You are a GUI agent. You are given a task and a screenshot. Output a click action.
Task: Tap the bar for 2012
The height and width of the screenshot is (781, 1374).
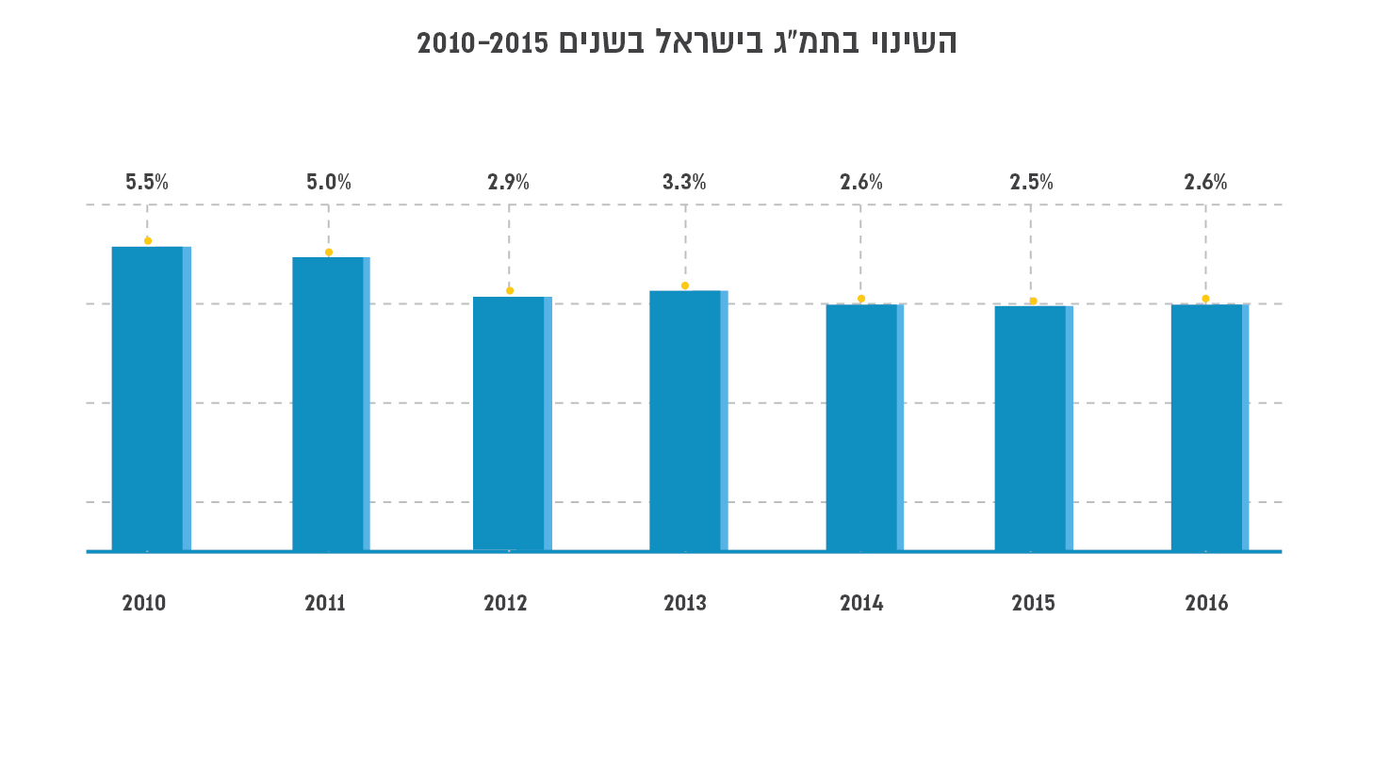click(512, 423)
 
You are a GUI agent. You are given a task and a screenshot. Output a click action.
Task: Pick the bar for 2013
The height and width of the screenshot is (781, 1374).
click(688, 420)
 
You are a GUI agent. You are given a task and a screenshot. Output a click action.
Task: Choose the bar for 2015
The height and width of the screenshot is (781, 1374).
click(1033, 428)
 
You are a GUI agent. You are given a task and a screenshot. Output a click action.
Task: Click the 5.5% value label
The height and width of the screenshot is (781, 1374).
click(147, 183)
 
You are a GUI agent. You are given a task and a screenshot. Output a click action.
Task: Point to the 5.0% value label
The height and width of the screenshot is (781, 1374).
click(329, 183)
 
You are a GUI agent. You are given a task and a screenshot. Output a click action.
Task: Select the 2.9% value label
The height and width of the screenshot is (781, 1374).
click(509, 183)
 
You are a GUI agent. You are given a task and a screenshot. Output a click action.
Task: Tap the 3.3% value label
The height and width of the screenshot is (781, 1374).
click(684, 183)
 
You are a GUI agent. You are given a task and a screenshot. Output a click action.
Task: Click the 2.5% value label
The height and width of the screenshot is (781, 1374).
click(1032, 183)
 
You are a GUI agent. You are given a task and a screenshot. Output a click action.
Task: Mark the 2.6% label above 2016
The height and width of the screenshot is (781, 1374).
click(1206, 183)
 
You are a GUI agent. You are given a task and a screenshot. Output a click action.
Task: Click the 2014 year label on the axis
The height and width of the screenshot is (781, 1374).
click(861, 603)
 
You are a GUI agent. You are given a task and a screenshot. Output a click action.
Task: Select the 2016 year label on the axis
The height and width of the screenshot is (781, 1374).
click(1206, 603)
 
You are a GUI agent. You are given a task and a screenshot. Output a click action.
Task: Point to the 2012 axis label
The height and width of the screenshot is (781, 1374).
click(505, 603)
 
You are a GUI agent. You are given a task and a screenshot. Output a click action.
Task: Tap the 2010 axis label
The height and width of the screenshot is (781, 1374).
click(144, 603)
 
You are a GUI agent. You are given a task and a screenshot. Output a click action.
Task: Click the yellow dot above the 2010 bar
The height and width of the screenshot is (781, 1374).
click(148, 240)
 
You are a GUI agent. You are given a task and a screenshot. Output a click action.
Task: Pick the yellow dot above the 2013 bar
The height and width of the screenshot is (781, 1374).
click(685, 285)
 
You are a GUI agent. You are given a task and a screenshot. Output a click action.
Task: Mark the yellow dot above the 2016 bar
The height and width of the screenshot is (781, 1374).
click(1205, 299)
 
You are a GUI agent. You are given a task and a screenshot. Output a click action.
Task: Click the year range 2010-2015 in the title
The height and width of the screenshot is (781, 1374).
click(483, 43)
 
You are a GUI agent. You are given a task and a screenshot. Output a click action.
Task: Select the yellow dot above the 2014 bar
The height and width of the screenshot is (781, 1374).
click(861, 299)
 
